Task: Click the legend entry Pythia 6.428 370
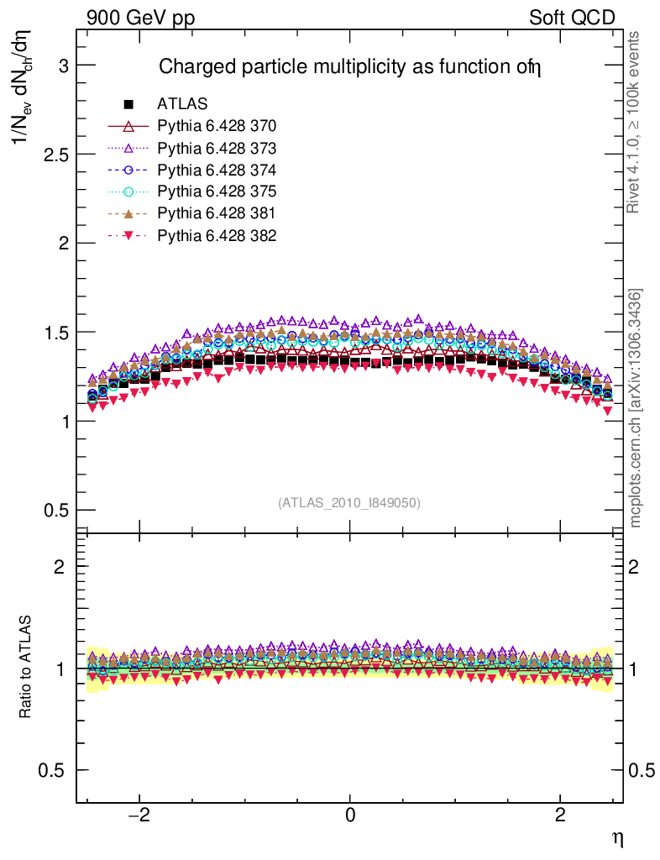[217, 127]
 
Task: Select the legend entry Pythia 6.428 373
[217, 149]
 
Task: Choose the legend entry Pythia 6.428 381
[217, 214]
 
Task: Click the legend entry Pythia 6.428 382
[217, 236]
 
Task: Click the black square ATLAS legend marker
[128, 105]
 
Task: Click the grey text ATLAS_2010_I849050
[349, 503]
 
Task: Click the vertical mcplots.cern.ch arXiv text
[636, 408]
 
